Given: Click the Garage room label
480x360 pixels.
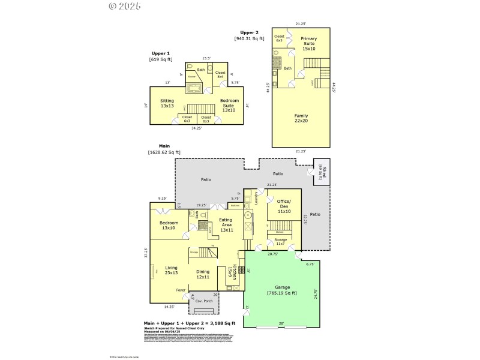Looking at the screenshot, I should click(x=282, y=290).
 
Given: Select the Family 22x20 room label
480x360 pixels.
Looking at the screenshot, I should click(x=302, y=119).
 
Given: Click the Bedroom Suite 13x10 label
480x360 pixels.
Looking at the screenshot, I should click(x=229, y=106).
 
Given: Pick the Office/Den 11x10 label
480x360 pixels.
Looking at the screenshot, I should click(x=284, y=206).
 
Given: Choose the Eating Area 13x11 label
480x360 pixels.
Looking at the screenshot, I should click(x=226, y=226).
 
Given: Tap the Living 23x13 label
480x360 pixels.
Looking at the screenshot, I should click(x=172, y=271).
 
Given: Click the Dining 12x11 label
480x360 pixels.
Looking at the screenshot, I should click(x=203, y=274).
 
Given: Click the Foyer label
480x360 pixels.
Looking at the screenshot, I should click(x=181, y=290).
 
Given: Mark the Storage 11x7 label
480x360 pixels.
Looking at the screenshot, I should click(x=281, y=242).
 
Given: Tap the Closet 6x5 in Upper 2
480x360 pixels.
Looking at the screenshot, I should click(x=279, y=38).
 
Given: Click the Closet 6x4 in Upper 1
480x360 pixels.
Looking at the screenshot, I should click(x=220, y=75).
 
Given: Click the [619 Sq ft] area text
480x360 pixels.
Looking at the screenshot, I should click(x=160, y=59).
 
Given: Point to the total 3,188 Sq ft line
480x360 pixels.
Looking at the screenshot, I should click(x=189, y=323).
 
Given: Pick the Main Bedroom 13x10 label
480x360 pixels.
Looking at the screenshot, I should click(x=169, y=226).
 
